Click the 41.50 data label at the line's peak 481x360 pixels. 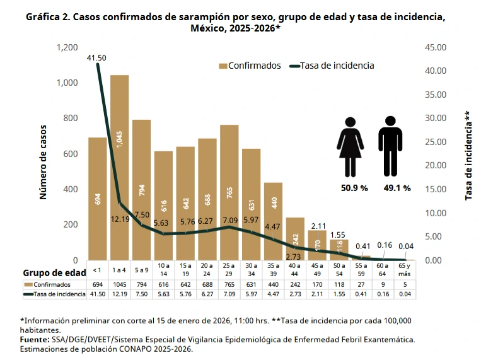96,58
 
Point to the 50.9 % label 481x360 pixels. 354,188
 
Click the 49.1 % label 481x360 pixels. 397,188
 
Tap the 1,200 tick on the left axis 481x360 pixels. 67,47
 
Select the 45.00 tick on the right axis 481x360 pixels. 436,47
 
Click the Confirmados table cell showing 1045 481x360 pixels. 119,284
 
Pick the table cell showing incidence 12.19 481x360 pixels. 119,294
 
